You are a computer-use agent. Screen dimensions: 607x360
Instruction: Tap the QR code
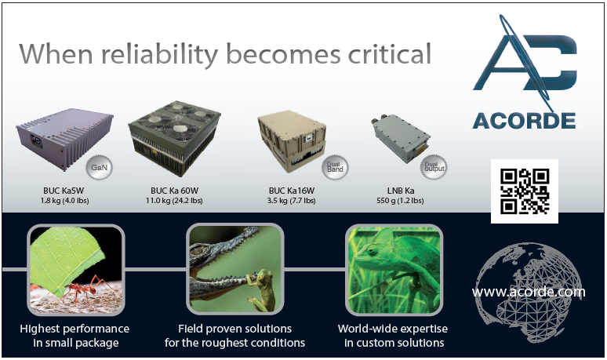pyautogui.click(x=525, y=191)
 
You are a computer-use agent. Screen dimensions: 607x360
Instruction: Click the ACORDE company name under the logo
pyautogui.click(x=524, y=121)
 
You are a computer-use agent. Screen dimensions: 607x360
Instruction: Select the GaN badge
pyautogui.click(x=99, y=167)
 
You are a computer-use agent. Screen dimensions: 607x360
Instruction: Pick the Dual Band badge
pyautogui.click(x=335, y=167)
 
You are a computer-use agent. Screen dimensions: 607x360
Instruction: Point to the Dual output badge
pyautogui.click(x=434, y=167)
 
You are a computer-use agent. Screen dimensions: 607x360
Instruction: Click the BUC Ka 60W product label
pyautogui.click(x=174, y=191)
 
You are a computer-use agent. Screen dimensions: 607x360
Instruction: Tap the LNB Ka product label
pyautogui.click(x=401, y=191)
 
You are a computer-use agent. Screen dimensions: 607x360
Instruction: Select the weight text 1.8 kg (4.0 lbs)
pyautogui.click(x=64, y=201)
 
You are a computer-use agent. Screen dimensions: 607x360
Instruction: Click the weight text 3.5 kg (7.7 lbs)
pyautogui.click(x=292, y=201)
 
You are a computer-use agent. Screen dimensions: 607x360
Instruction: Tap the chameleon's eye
pyautogui.click(x=373, y=250)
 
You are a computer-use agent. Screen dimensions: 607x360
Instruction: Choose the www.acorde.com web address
pyautogui.click(x=529, y=292)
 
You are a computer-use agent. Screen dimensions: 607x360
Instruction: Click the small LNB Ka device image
pyautogui.click(x=400, y=138)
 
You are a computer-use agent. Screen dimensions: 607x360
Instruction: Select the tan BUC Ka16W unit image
pyautogui.click(x=292, y=141)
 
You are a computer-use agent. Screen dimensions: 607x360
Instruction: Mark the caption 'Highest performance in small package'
pyautogui.click(x=75, y=336)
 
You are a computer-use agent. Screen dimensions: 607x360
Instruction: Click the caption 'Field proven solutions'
pyautogui.click(x=234, y=329)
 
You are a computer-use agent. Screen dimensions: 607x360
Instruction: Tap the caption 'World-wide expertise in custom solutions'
pyautogui.click(x=393, y=336)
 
